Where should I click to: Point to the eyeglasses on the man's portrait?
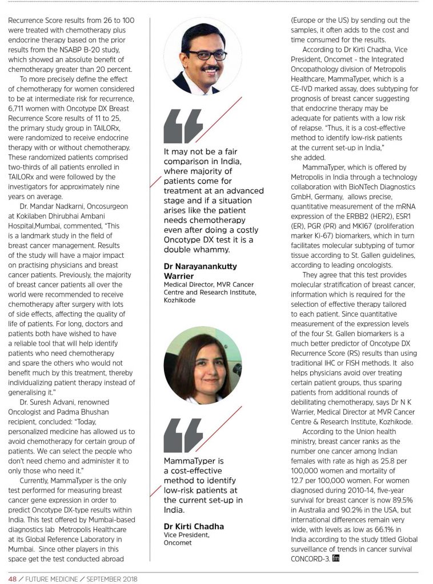click(x=204, y=55)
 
